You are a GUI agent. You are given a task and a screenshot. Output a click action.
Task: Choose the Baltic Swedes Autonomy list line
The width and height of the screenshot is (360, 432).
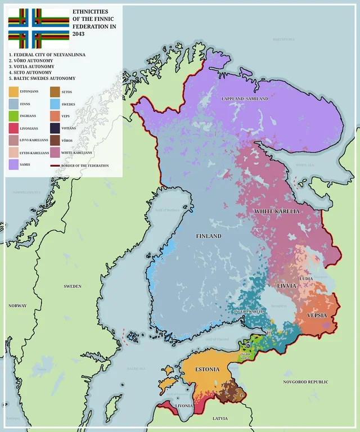[42, 78]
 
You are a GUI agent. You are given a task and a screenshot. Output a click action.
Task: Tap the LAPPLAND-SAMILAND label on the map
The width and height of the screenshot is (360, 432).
[244, 99]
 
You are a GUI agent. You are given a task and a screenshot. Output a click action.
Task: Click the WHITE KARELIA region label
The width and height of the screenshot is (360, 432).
[277, 211]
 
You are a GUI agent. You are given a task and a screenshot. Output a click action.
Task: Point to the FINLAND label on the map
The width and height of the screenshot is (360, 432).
[208, 236]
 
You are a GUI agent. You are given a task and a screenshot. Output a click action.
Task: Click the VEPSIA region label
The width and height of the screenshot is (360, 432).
[317, 316]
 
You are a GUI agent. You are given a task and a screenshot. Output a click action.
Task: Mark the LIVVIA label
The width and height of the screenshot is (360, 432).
[286, 286]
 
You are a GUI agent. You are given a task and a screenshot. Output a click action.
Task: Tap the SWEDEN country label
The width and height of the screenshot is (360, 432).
[73, 286]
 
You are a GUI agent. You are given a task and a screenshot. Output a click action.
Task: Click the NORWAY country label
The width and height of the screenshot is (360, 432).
[17, 305]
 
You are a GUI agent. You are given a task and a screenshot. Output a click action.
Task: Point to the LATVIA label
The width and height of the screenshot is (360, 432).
[220, 418]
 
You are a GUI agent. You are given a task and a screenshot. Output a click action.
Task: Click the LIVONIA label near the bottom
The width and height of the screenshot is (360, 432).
[184, 405]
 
